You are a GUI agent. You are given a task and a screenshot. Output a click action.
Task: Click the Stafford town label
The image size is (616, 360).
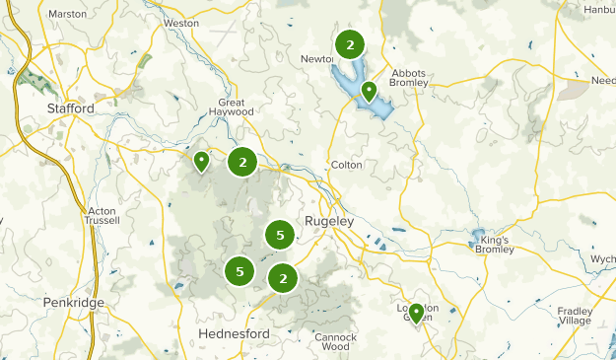pos(70,108)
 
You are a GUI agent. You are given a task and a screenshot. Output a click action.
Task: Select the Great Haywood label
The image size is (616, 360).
pos(237,107)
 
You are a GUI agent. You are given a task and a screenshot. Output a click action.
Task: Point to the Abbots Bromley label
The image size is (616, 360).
pos(410,79)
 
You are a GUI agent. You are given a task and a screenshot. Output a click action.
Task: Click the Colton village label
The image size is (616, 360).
pos(346,166)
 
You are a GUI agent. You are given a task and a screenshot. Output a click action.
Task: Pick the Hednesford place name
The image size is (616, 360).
pos(234,334)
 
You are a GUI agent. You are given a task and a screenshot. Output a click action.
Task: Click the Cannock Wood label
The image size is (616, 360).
pos(336,341)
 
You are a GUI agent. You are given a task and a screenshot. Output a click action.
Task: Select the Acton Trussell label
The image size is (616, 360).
pos(103,215)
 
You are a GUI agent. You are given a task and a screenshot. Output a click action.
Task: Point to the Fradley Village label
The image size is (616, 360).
pos(576,316)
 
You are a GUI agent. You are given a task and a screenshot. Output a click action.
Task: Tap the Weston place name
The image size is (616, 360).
pos(181,22)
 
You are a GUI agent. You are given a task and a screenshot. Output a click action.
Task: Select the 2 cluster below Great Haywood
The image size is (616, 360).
pos(242,163)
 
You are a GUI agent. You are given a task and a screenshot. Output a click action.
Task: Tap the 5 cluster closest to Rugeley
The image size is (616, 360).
pos(281,235)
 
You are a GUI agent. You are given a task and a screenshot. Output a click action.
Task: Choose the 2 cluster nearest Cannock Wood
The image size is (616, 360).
pos(283,278)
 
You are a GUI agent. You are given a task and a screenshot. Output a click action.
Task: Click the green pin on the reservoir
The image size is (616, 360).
pos(369,92)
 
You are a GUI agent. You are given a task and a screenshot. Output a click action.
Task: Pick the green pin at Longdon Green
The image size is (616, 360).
pos(416,314)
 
